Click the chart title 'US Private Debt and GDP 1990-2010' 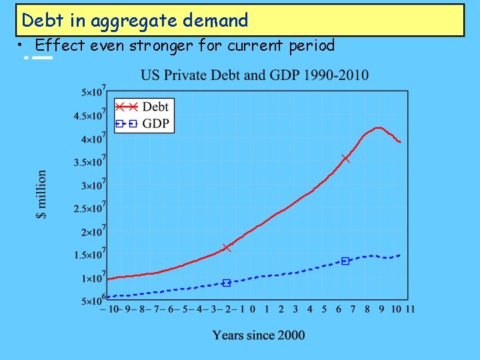coord(254,75)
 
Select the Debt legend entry coord(143,107)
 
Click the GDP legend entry coord(143,123)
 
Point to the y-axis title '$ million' coord(42,194)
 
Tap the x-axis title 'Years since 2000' coord(259,335)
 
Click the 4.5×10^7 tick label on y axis coord(91,115)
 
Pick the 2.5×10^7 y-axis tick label coord(91,209)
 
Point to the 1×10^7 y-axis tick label coord(93,278)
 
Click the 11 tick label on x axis coord(410,309)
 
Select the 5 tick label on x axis coord(324,309)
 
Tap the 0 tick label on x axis coord(253,309)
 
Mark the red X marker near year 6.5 coord(345,158)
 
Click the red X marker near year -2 coord(227,247)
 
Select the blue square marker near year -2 coord(227,283)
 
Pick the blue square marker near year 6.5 coord(345,261)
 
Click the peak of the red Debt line coord(378,127)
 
